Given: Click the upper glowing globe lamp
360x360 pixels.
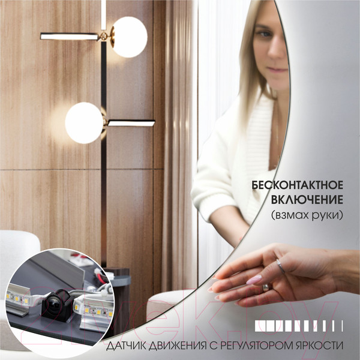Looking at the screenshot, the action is tap(130, 37).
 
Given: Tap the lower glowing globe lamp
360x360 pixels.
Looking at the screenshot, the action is tap(84, 123).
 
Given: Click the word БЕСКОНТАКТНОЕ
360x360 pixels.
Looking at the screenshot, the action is tap(298, 185).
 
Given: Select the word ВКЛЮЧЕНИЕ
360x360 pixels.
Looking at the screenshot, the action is tap(307, 200).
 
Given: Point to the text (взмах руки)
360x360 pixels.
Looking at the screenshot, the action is tap(307, 215).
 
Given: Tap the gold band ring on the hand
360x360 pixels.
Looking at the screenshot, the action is tap(266, 287).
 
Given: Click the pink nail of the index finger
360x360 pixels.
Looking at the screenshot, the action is tap(254, 280).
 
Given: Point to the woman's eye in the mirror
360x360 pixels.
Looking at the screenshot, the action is tap(264, 34).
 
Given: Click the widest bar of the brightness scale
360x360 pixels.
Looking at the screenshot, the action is tap(260, 326).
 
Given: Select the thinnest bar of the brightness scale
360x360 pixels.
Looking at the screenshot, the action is tap(343, 326).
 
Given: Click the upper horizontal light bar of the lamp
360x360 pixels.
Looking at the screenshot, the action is tap(70, 37).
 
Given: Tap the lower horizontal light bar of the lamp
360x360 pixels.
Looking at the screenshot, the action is tap(131, 123).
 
